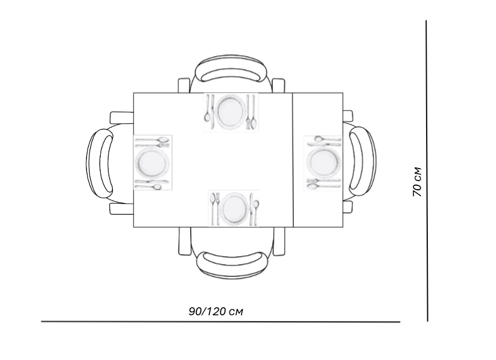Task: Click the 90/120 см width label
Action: (216, 311)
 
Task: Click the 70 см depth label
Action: (417, 182)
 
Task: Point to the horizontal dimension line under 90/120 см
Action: (221, 322)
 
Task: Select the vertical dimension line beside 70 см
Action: (427, 171)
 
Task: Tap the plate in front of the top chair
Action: (231, 112)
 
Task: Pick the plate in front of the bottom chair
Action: (234, 208)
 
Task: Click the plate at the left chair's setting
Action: (152, 162)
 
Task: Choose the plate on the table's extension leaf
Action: (323, 162)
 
